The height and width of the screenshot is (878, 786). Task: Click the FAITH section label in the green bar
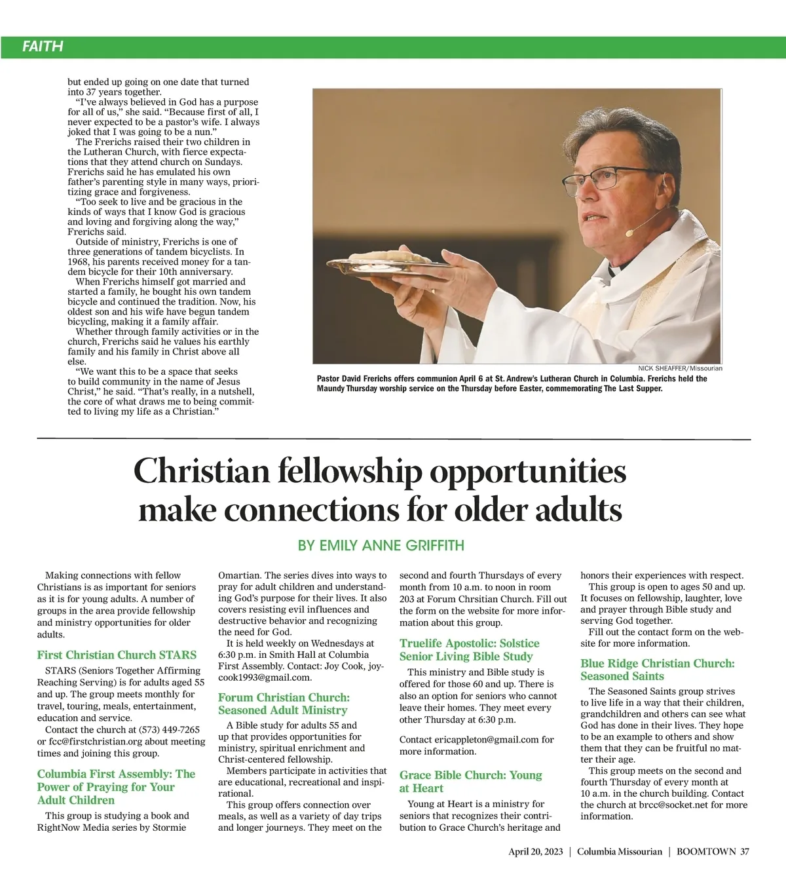click(x=43, y=47)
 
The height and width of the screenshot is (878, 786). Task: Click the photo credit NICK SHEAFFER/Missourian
click(x=680, y=368)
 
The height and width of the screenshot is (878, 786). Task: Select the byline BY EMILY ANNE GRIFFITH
click(x=381, y=545)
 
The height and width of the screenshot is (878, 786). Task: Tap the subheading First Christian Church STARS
click(x=117, y=655)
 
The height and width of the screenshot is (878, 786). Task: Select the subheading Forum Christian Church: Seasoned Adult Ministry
click(x=284, y=704)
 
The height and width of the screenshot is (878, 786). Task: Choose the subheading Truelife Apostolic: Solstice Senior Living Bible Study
click(x=469, y=650)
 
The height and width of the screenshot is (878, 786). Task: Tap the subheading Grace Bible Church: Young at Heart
click(x=470, y=782)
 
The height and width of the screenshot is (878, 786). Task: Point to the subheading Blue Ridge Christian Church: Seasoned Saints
click(x=657, y=670)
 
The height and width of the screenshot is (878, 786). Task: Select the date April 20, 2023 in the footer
click(x=535, y=852)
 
